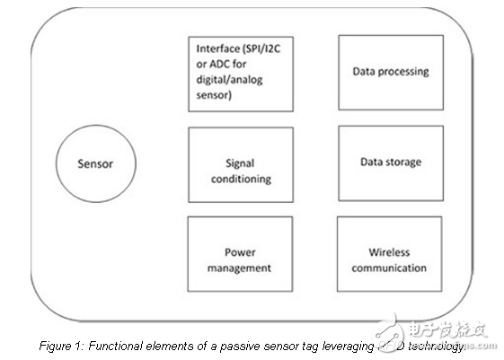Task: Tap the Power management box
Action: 241,259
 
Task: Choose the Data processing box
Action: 391,72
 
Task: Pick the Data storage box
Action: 391,162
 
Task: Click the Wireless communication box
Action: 391,259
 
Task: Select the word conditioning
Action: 241,179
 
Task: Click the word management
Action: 241,268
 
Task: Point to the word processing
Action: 402,71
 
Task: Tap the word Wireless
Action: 391,252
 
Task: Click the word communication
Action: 391,268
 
